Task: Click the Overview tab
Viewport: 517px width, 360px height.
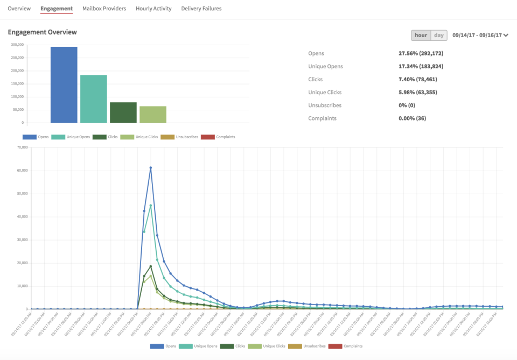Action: (x=19, y=9)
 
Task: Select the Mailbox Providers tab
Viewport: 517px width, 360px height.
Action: (x=104, y=9)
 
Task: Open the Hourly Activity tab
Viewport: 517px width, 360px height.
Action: (x=153, y=9)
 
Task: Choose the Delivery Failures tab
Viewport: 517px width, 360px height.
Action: (x=201, y=9)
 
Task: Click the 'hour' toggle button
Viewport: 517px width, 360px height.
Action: (x=421, y=36)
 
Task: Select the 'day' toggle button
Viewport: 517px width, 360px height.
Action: (x=439, y=36)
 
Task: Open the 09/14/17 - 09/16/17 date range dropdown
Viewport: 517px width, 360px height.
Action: (x=480, y=36)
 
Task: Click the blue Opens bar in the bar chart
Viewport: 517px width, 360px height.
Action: (x=64, y=84)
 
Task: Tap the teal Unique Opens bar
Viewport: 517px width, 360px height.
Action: (x=94, y=98)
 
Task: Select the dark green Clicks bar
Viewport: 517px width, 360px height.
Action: (x=123, y=112)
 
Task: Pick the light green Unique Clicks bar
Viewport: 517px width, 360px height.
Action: (x=153, y=114)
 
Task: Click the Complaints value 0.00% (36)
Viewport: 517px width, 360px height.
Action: (x=412, y=118)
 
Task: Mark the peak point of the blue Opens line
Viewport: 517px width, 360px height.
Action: (x=151, y=168)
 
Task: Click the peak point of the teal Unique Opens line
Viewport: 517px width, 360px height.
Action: (x=151, y=206)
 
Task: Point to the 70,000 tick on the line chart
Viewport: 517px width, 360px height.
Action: (x=22, y=147)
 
